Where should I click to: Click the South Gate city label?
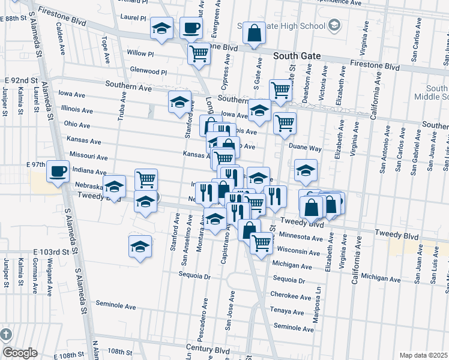tap(297, 56)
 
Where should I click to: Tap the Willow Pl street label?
tap(140, 53)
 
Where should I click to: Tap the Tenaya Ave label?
tap(287, 311)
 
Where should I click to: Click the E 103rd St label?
tap(52, 251)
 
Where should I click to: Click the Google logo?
tap(20, 353)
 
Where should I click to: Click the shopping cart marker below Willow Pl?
tap(199, 54)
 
